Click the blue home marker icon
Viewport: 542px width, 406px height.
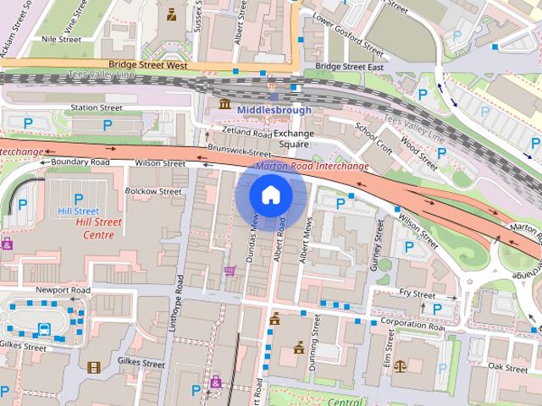pyautogui.click(x=270, y=195)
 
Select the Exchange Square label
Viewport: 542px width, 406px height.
pyautogui.click(x=293, y=139)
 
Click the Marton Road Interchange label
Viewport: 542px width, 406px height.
pyautogui.click(x=312, y=166)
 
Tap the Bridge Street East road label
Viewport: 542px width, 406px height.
pyautogui.click(x=349, y=66)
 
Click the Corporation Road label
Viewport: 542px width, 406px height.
pyautogui.click(x=412, y=322)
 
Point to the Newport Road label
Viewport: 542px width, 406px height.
pyautogui.click(x=63, y=289)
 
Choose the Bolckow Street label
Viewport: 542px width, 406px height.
pyautogui.click(x=153, y=192)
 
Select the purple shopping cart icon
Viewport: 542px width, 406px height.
pyautogui.click(x=229, y=271)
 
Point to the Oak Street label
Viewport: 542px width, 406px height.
pyautogui.click(x=508, y=367)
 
